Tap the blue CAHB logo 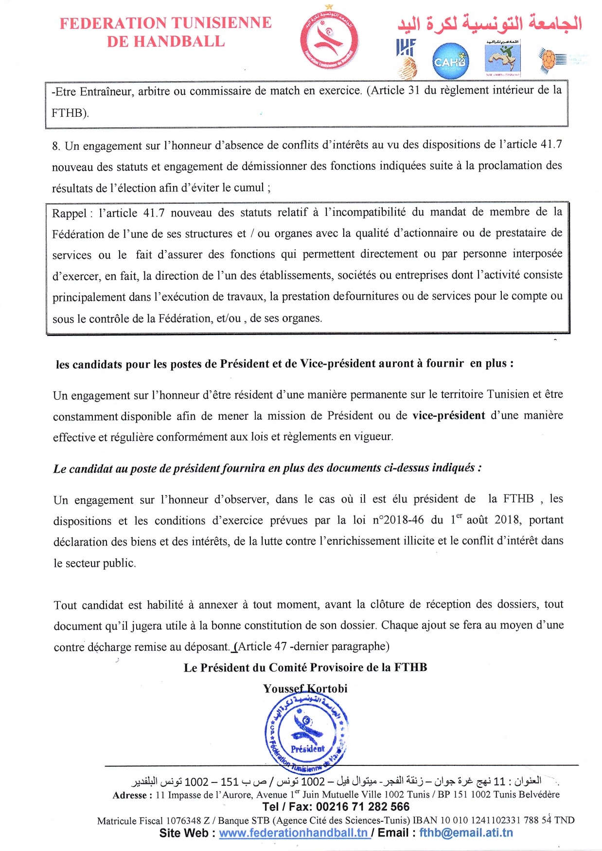click(450, 61)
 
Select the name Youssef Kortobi click(305, 689)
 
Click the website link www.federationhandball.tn click(293, 833)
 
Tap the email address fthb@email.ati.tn click(466, 833)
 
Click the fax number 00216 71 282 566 click(363, 807)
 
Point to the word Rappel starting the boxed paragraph click(69, 213)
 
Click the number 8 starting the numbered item click(55, 146)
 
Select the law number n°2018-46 click(398, 520)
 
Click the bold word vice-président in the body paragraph click(448, 416)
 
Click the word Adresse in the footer click(130, 795)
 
